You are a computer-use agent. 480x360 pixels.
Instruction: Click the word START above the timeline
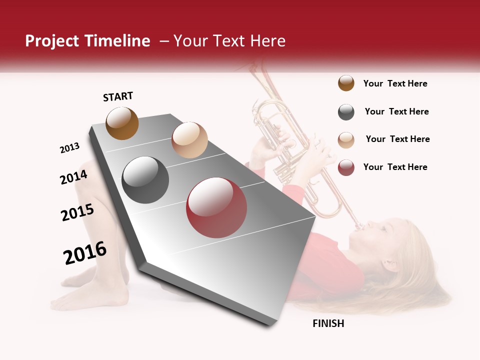pos(118,96)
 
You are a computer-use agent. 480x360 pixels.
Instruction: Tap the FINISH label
pos(328,323)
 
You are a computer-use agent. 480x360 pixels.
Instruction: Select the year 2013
pos(69,148)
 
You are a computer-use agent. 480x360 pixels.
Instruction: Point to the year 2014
pos(73,177)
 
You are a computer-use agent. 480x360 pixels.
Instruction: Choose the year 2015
pos(77,212)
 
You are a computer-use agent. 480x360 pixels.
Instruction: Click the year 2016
pos(85,252)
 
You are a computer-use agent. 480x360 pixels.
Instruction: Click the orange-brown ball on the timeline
pos(122,123)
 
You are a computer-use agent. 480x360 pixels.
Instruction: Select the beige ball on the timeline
pos(189,139)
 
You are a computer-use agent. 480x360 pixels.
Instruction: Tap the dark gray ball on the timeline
pos(145,180)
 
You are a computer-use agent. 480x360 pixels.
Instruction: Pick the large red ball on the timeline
pos(216,207)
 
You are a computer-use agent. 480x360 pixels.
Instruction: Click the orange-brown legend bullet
pos(346,83)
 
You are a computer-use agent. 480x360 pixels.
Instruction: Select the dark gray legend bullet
pos(346,112)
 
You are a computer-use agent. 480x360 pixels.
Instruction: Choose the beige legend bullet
pos(346,139)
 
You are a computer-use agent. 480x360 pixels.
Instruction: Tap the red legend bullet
pos(346,167)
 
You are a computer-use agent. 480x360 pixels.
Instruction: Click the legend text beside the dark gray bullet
pos(396,111)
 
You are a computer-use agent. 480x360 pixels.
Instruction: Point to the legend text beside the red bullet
pos(395,167)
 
